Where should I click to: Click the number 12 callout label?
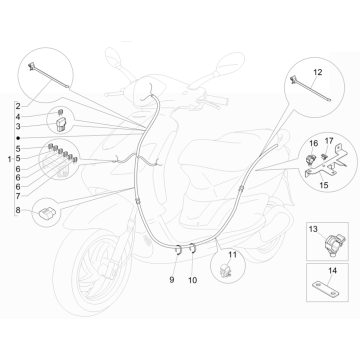pos(317,74)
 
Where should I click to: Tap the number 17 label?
pos(300,144)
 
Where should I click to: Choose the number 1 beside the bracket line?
pos(7,158)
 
